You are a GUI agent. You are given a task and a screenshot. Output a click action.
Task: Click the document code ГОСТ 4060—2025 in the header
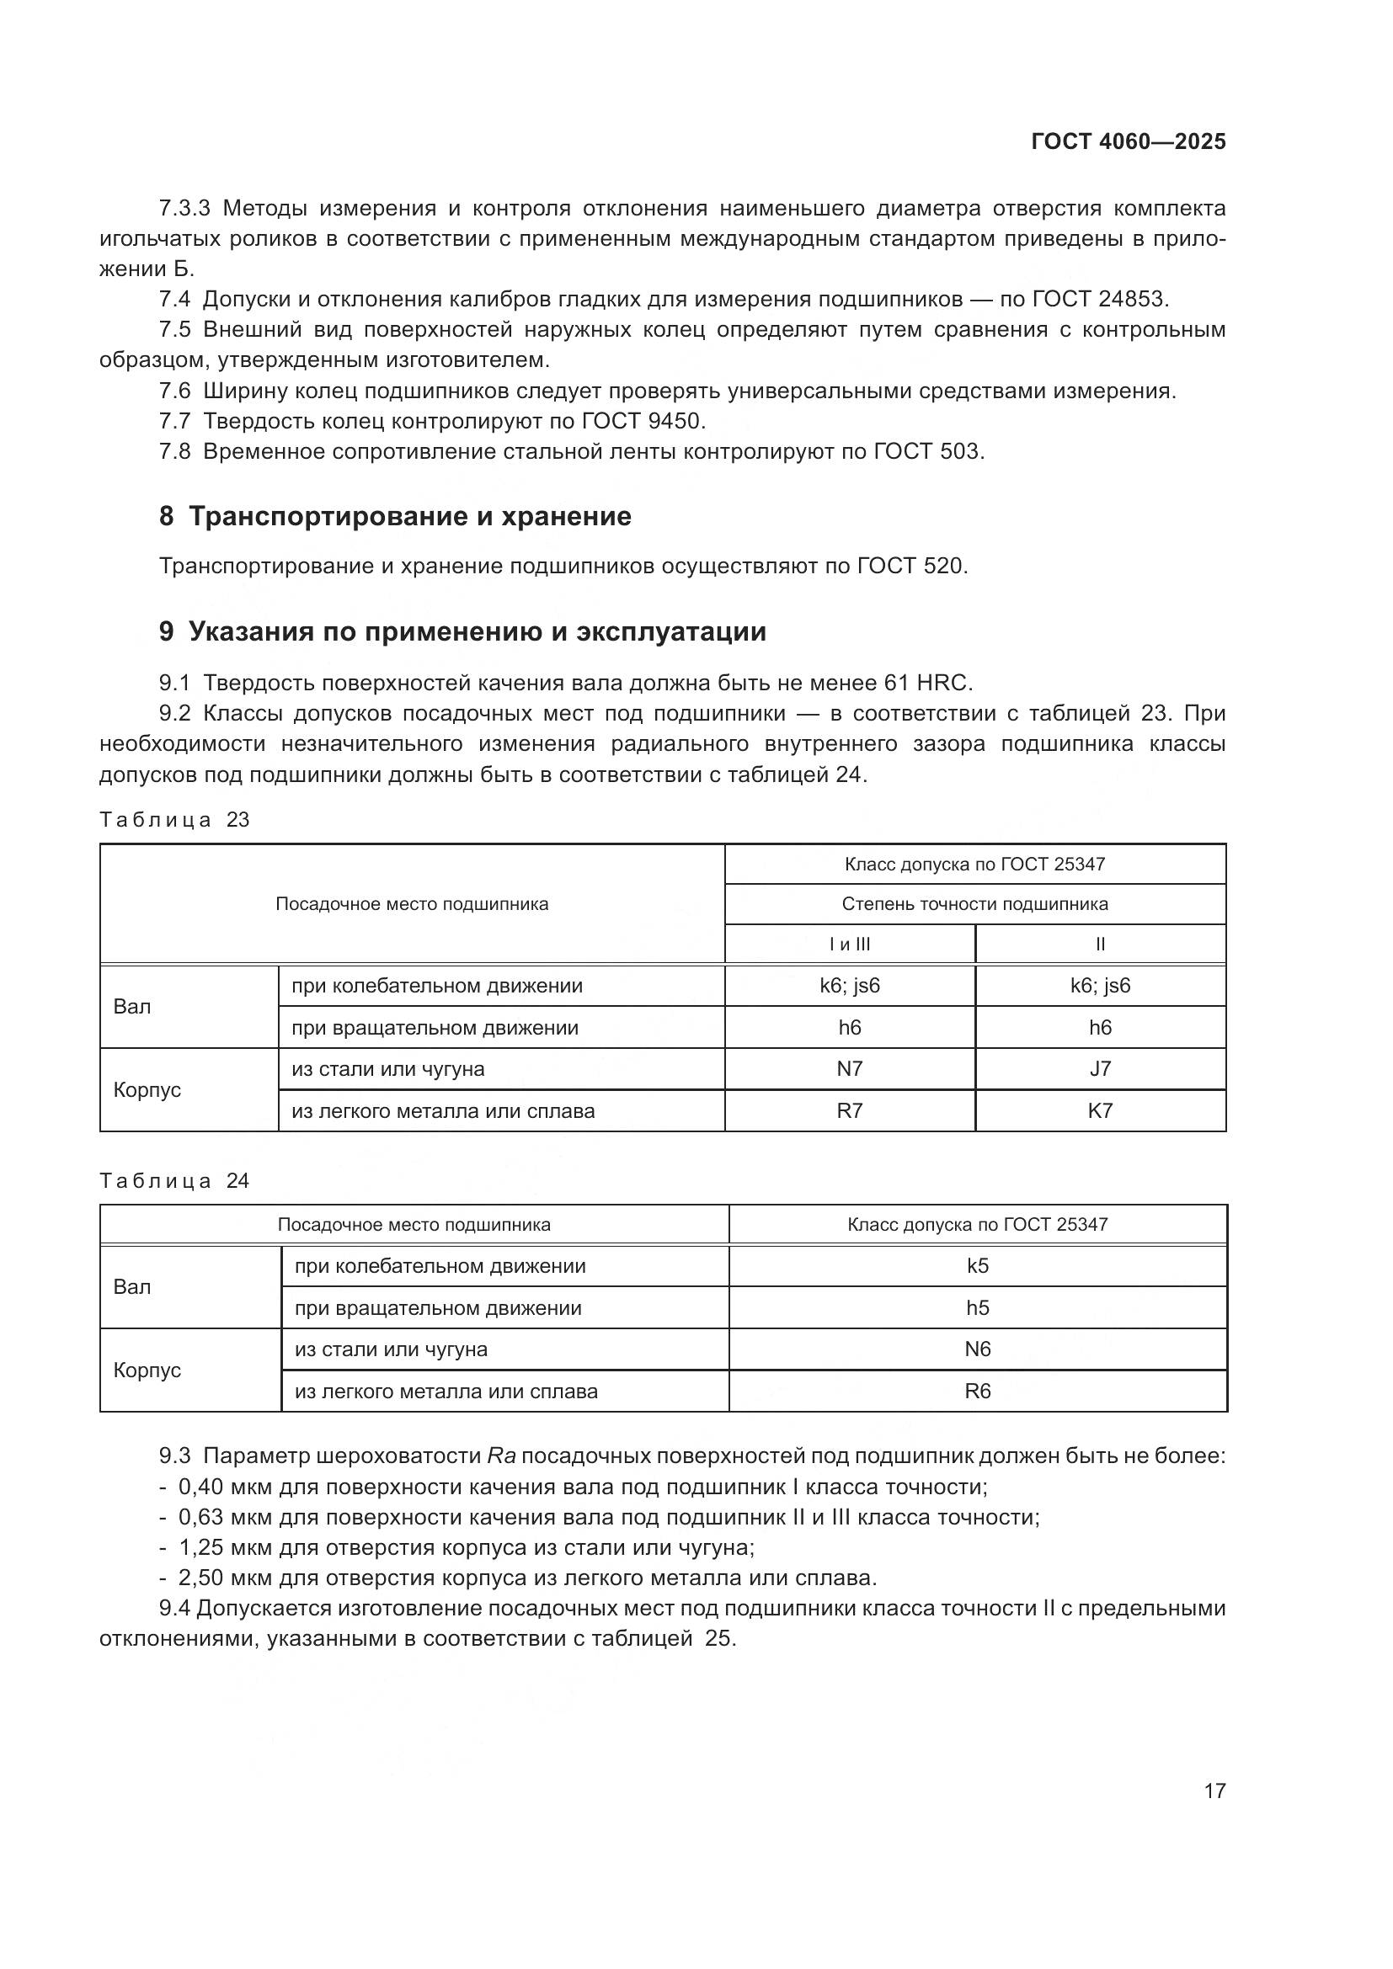tap(1127, 141)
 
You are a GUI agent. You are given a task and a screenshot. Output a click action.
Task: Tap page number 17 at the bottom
tap(1214, 1791)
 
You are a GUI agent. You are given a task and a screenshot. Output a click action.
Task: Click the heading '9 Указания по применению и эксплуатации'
tap(462, 632)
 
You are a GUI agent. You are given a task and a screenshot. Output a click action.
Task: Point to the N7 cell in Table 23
tap(849, 1069)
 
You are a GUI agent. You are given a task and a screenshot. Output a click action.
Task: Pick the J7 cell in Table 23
tap(1100, 1069)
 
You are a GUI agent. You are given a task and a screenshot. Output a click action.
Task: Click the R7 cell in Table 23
tap(849, 1111)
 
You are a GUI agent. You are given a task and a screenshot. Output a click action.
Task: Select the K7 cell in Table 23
tap(1100, 1111)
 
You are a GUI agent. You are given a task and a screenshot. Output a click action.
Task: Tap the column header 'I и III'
tap(849, 945)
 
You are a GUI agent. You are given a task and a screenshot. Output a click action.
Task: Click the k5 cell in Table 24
tap(978, 1267)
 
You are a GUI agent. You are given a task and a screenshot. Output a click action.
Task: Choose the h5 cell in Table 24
tap(978, 1309)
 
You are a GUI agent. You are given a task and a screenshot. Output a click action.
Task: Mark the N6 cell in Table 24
tap(978, 1349)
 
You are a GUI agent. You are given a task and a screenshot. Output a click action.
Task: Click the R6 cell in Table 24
tap(978, 1391)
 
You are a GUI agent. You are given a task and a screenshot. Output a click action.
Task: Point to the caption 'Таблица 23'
tap(174, 820)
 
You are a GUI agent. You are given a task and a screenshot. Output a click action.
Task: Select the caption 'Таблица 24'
tap(174, 1181)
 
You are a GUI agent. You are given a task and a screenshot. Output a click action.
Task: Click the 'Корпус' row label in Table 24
tap(147, 1370)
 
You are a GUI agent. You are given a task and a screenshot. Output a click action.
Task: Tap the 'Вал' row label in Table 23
tap(132, 1007)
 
